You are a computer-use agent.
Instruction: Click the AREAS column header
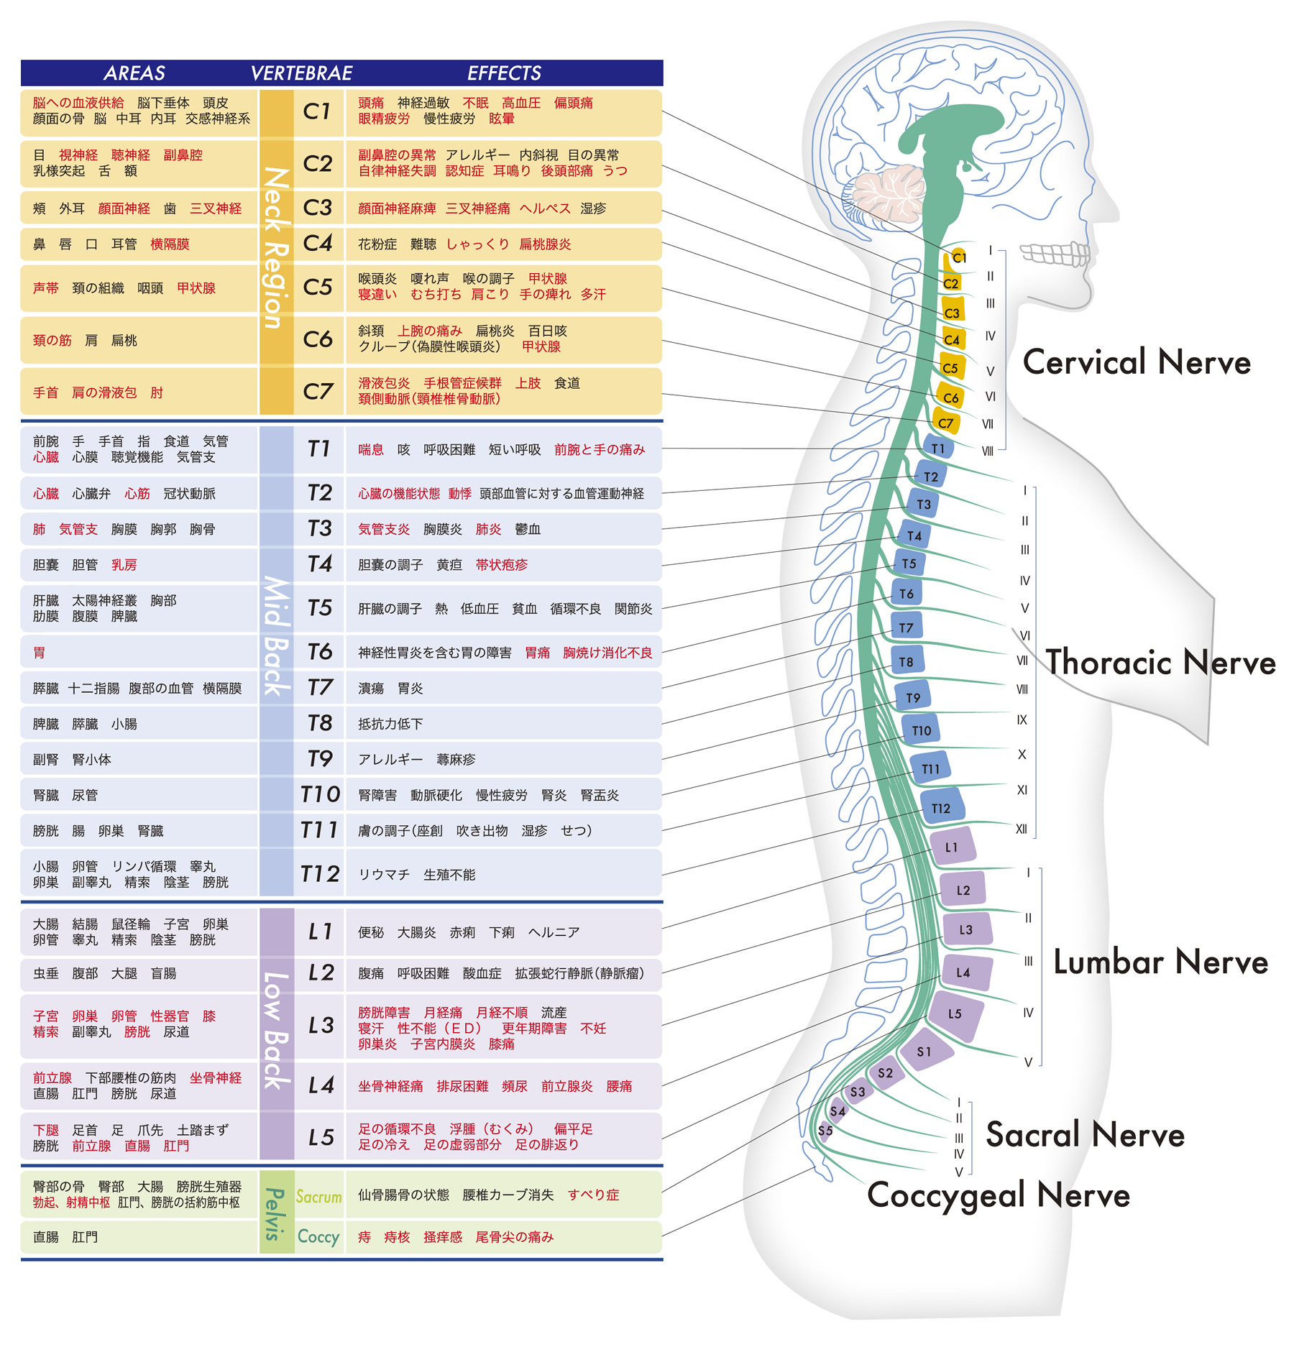click(x=134, y=73)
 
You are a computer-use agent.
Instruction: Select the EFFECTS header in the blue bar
click(x=504, y=73)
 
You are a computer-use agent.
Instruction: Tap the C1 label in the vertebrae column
click(x=317, y=111)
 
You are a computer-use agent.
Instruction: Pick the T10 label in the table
click(x=320, y=794)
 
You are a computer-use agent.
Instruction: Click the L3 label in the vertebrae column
click(x=321, y=1025)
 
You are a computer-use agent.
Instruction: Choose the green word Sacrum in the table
click(x=319, y=1197)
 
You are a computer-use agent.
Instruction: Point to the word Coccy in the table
click(x=318, y=1237)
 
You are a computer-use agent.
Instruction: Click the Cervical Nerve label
click(x=1137, y=362)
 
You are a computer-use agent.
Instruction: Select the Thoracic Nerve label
click(x=1160, y=662)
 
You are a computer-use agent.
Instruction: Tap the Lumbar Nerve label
click(x=1160, y=962)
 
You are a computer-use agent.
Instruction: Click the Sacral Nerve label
click(x=1085, y=1134)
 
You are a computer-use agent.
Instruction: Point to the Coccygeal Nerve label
click(x=999, y=1196)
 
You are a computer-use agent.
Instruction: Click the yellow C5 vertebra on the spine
click(x=951, y=367)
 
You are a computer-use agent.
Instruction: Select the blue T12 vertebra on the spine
click(x=941, y=807)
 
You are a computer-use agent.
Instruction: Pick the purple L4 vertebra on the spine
click(x=965, y=972)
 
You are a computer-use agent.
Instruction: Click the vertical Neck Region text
click(x=276, y=248)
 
